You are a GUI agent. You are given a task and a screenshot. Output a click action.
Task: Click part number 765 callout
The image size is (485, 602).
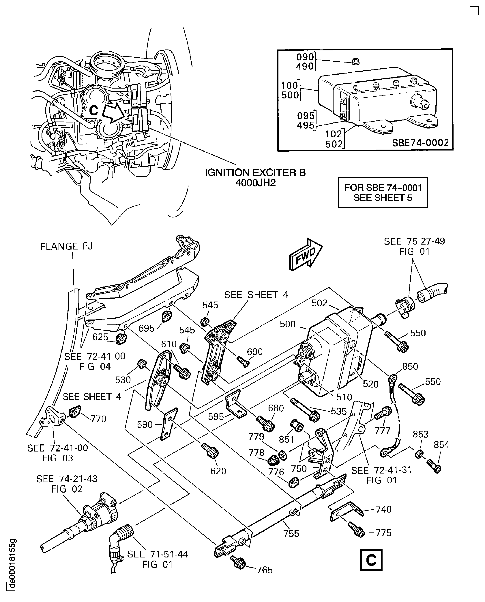(x=264, y=570)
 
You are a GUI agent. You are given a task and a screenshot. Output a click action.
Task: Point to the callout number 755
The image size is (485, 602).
(x=291, y=533)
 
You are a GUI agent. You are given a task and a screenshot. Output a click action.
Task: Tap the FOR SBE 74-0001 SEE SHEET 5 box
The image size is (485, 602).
(x=383, y=192)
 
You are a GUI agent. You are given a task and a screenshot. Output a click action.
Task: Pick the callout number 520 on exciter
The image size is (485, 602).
(x=370, y=384)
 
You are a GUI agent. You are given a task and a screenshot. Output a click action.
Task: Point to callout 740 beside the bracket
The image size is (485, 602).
(x=384, y=509)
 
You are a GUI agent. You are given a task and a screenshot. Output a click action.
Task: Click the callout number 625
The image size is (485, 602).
(x=100, y=337)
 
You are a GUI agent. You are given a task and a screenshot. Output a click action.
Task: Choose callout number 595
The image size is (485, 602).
(x=216, y=417)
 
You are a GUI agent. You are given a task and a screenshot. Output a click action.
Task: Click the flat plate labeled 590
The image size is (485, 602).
(x=168, y=424)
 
